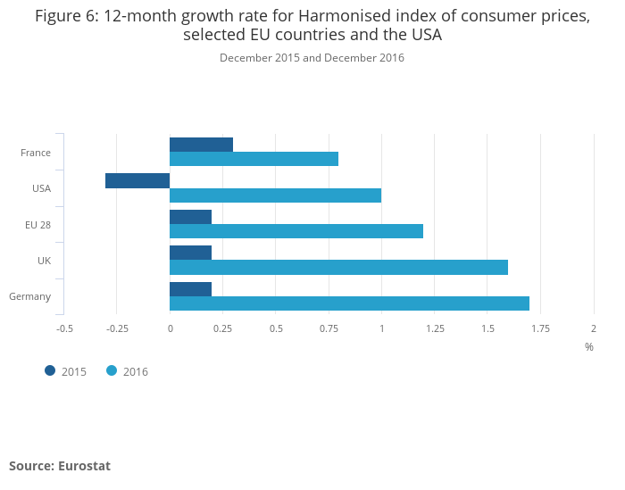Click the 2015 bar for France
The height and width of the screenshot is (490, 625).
[x=201, y=145]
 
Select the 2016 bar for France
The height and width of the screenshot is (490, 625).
[x=254, y=159]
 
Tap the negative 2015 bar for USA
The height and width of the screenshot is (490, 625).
[x=137, y=180]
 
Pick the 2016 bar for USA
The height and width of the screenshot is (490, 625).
[x=275, y=195]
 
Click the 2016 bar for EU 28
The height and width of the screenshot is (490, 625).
[x=296, y=231]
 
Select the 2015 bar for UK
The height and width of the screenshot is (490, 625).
[x=190, y=253]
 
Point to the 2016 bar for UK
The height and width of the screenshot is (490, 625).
[x=338, y=267]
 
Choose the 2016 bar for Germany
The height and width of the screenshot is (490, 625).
[x=349, y=303]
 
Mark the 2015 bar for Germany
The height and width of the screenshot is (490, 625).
[x=190, y=288]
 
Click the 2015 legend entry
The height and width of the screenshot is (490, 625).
[x=66, y=371]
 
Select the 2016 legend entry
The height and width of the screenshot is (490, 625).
[x=128, y=371]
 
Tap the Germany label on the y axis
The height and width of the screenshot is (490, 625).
[x=29, y=296]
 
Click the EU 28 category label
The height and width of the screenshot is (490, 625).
[x=37, y=224]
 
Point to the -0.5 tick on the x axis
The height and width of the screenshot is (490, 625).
[x=64, y=328]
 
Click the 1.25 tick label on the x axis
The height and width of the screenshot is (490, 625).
[x=435, y=328]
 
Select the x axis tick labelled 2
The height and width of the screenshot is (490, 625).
[x=594, y=328]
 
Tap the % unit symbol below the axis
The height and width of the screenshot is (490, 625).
[x=589, y=347]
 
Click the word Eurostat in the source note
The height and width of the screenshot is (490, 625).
[x=84, y=466]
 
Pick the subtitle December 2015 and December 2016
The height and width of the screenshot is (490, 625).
[x=312, y=58]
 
